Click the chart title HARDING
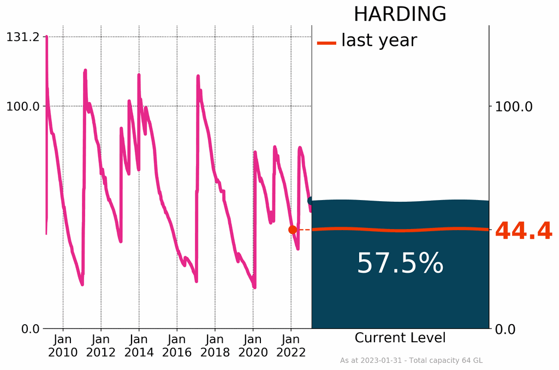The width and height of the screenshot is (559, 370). pos(400,14)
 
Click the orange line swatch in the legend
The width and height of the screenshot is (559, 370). pos(326,43)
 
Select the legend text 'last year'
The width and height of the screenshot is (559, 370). pos(379,40)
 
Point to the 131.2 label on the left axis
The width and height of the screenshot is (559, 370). pos(23,37)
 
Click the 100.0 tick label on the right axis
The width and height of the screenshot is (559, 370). pos(514,106)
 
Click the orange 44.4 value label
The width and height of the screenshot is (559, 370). pos(524,232)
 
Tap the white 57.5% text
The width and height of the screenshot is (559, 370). pos(400,264)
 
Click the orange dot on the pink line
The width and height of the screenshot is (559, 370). pos(293,230)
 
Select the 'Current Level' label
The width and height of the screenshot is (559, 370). pos(400,338)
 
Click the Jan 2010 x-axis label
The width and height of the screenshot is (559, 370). pos(63,345)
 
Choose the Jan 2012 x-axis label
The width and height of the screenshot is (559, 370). pos(101,345)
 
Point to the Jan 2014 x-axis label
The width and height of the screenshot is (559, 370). pos(139,345)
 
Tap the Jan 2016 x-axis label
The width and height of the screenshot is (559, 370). pos(177,345)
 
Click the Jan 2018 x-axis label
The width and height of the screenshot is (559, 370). pos(215,345)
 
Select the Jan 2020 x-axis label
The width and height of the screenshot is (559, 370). pos(253,345)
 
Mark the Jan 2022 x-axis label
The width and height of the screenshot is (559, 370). pos(291,345)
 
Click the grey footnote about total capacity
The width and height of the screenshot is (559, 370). pos(411,361)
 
